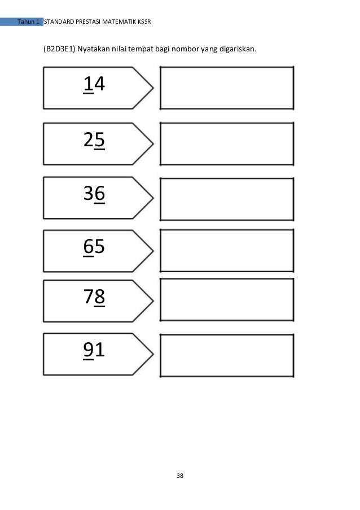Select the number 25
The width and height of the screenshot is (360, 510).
[x=94, y=140]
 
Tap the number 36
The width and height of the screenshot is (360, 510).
[x=94, y=194]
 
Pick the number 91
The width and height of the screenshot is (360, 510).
[x=94, y=351]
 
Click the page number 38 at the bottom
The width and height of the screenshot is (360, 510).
[x=180, y=476]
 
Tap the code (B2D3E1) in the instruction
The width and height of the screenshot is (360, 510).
[x=59, y=49]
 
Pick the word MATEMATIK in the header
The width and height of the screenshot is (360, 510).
[x=117, y=22]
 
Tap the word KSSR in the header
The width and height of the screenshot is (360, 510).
[x=144, y=22]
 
